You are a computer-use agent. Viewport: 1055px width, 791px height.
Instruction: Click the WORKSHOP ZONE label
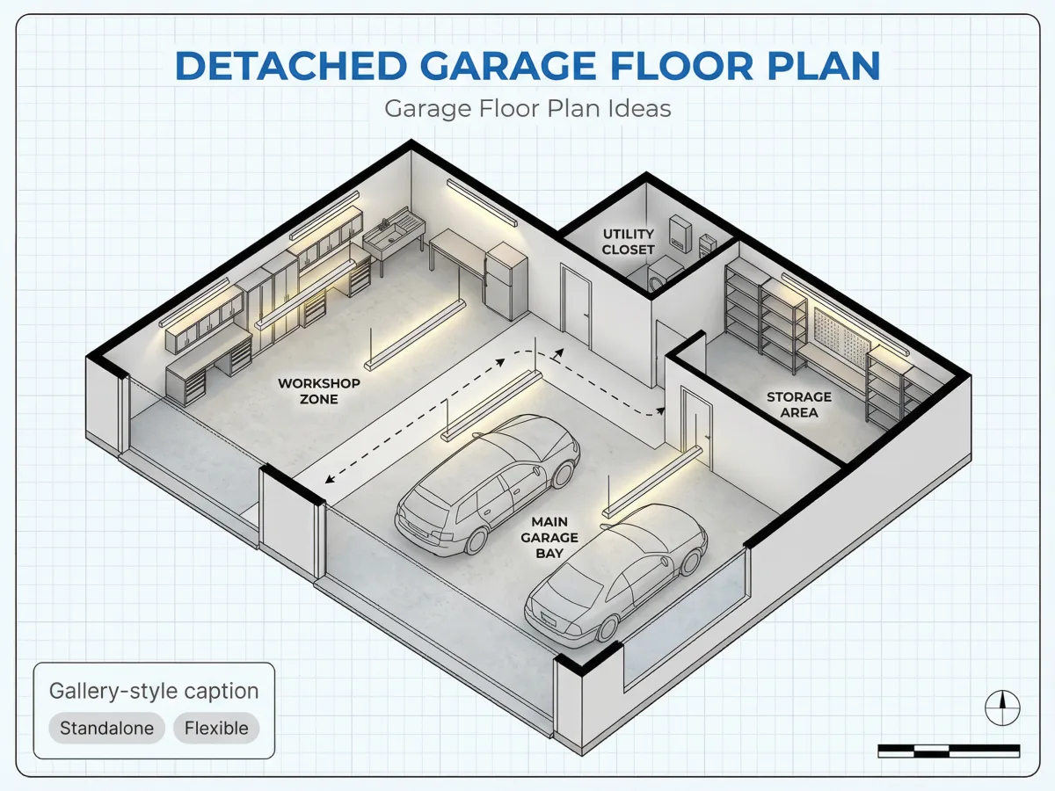(x=318, y=391)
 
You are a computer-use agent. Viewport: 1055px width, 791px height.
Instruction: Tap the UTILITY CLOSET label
(x=629, y=242)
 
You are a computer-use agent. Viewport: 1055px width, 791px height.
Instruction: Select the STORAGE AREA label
(x=799, y=404)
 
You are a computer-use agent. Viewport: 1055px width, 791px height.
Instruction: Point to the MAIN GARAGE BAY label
(x=549, y=537)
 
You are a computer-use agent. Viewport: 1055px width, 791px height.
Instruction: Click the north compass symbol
(x=1002, y=708)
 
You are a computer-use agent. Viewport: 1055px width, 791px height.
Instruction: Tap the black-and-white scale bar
(x=949, y=751)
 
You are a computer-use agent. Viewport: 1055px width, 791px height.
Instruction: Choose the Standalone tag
(x=106, y=728)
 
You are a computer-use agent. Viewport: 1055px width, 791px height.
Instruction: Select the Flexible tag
(x=216, y=728)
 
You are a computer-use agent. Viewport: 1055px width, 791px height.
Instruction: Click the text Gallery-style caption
(x=154, y=691)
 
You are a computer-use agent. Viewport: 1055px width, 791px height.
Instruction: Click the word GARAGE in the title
(x=508, y=66)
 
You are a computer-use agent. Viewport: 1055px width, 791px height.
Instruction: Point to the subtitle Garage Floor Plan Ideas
(x=527, y=108)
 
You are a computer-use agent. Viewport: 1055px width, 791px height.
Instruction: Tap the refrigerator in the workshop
(x=506, y=281)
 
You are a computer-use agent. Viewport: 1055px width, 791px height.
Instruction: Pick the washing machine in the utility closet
(x=662, y=275)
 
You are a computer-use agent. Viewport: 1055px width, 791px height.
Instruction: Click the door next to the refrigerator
(x=576, y=303)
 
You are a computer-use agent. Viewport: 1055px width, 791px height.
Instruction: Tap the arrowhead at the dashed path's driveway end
(x=330, y=479)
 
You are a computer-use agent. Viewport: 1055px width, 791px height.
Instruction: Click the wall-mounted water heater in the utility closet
(x=680, y=233)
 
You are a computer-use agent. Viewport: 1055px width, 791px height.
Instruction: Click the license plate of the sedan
(x=548, y=619)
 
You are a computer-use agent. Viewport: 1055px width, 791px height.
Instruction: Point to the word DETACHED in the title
(x=291, y=66)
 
